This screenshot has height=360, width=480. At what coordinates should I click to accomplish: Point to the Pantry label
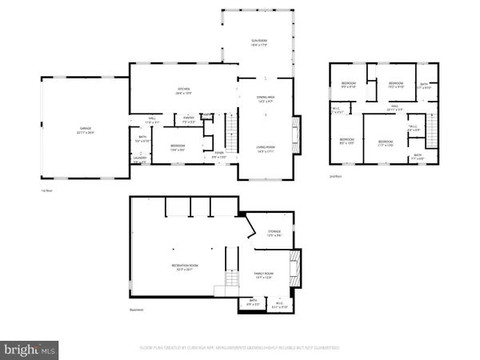[190, 118]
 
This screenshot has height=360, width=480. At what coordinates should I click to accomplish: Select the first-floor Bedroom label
[178, 146]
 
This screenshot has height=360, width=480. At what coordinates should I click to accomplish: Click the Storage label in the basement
[274, 233]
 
